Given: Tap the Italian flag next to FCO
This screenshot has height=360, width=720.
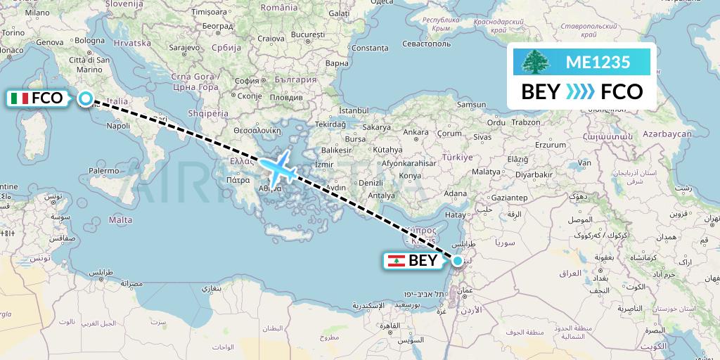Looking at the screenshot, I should [x=20, y=98].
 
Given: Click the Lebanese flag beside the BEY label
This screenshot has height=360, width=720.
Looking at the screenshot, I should [x=396, y=261].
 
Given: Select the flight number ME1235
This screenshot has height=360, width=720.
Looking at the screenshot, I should [x=598, y=62].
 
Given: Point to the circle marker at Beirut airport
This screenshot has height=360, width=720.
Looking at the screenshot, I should [x=458, y=261].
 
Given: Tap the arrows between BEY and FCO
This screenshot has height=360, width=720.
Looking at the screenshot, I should [x=581, y=92].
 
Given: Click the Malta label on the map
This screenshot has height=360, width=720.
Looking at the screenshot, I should [x=121, y=220].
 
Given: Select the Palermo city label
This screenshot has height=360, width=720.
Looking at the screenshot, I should [x=103, y=170].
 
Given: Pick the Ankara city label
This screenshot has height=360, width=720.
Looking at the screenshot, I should [x=416, y=131].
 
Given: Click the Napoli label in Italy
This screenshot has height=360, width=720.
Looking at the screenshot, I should [x=118, y=126].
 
